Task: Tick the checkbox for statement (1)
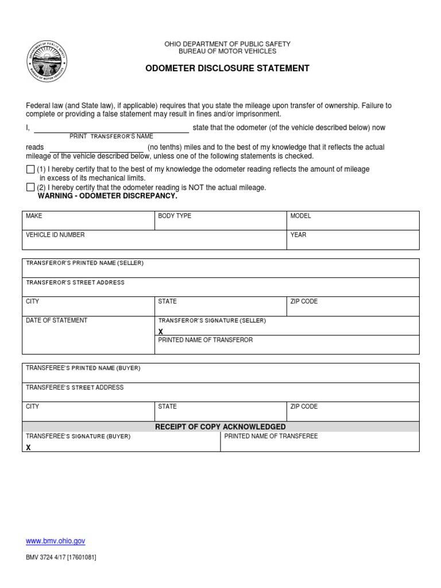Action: click(30, 169)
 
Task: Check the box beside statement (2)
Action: click(30, 187)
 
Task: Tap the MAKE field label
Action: click(34, 216)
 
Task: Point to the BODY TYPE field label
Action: click(175, 216)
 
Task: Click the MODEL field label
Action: click(300, 216)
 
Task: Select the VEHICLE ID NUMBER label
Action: click(55, 235)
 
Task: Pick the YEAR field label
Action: click(298, 235)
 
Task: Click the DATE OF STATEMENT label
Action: click(56, 320)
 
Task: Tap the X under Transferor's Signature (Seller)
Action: click(161, 331)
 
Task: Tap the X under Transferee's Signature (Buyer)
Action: click(28, 447)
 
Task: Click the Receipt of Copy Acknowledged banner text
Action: click(220, 427)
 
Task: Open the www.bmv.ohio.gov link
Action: click(56, 541)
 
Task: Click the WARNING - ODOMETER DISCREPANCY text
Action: click(107, 196)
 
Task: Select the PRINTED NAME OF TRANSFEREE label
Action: click(270, 436)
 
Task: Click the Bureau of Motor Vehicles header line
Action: click(227, 51)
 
